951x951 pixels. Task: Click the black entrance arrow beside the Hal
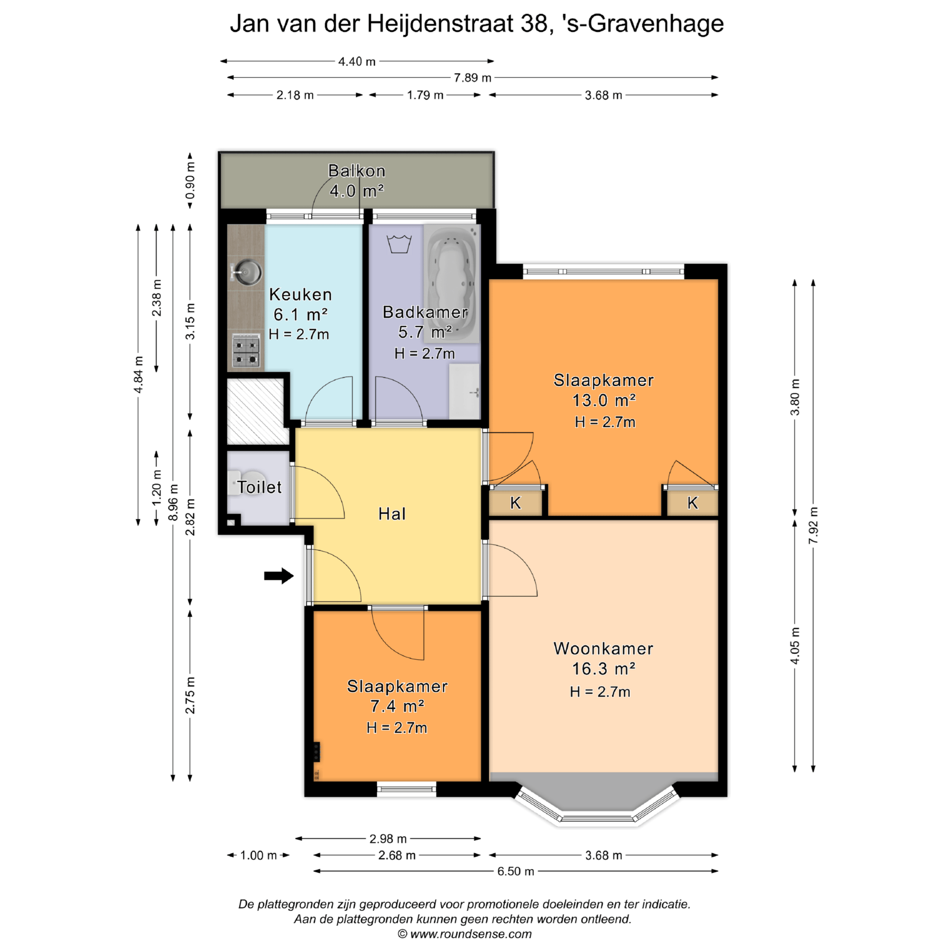click(278, 575)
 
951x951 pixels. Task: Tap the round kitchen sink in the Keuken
click(247, 272)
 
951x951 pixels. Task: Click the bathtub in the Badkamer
click(451, 282)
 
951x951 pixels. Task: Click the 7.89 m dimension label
click(472, 78)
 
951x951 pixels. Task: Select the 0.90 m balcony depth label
click(190, 180)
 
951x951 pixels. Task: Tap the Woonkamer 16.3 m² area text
click(603, 669)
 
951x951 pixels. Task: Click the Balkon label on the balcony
click(356, 171)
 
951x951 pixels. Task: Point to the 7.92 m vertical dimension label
click(813, 526)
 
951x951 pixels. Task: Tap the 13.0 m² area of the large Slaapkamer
click(603, 400)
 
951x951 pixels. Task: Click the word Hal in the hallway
click(392, 514)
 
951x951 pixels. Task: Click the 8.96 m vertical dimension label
click(173, 502)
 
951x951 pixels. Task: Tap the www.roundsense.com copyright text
click(465, 934)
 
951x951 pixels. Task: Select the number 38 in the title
click(533, 23)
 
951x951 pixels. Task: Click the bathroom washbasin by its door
click(464, 391)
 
